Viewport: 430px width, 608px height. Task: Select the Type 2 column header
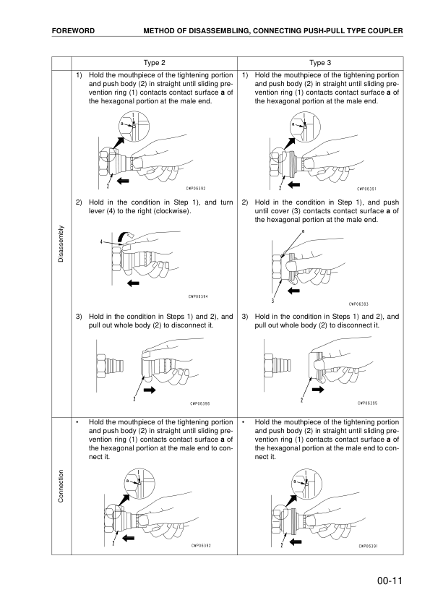click(155, 63)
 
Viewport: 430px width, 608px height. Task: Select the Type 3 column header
click(322, 63)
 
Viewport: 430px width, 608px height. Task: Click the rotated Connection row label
click(61, 485)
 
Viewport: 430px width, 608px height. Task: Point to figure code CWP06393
click(363, 304)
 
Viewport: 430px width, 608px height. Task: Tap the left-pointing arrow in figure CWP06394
click(132, 283)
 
